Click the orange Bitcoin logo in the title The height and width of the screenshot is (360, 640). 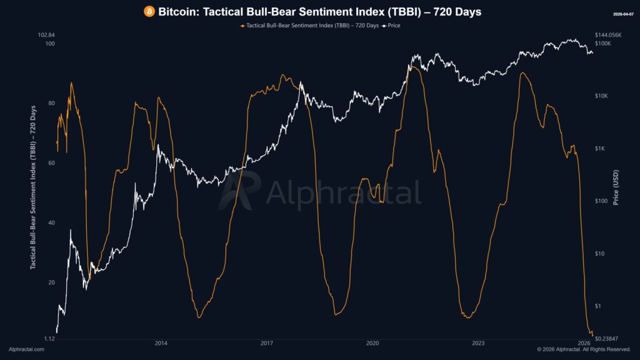tap(149, 12)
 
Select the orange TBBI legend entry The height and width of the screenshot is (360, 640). tap(309, 26)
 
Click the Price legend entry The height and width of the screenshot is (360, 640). tap(391, 26)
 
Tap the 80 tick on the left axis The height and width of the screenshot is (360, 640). tap(51, 103)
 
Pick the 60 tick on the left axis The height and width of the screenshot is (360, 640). tap(51, 163)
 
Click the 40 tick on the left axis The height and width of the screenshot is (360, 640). tap(51, 223)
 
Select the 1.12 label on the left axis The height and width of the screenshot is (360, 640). tap(49, 338)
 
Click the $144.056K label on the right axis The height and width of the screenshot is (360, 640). tap(608, 35)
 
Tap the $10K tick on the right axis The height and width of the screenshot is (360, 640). tap(602, 96)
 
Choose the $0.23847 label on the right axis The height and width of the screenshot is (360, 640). tap(606, 338)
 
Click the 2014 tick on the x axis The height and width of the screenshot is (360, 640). tap(161, 343)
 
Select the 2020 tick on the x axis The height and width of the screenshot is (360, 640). tap(372, 343)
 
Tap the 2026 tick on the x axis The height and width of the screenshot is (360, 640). tap(584, 343)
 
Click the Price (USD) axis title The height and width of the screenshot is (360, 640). tap(616, 187)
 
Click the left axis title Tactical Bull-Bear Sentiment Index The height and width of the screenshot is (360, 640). tap(34, 187)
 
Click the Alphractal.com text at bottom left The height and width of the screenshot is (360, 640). tap(26, 349)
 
